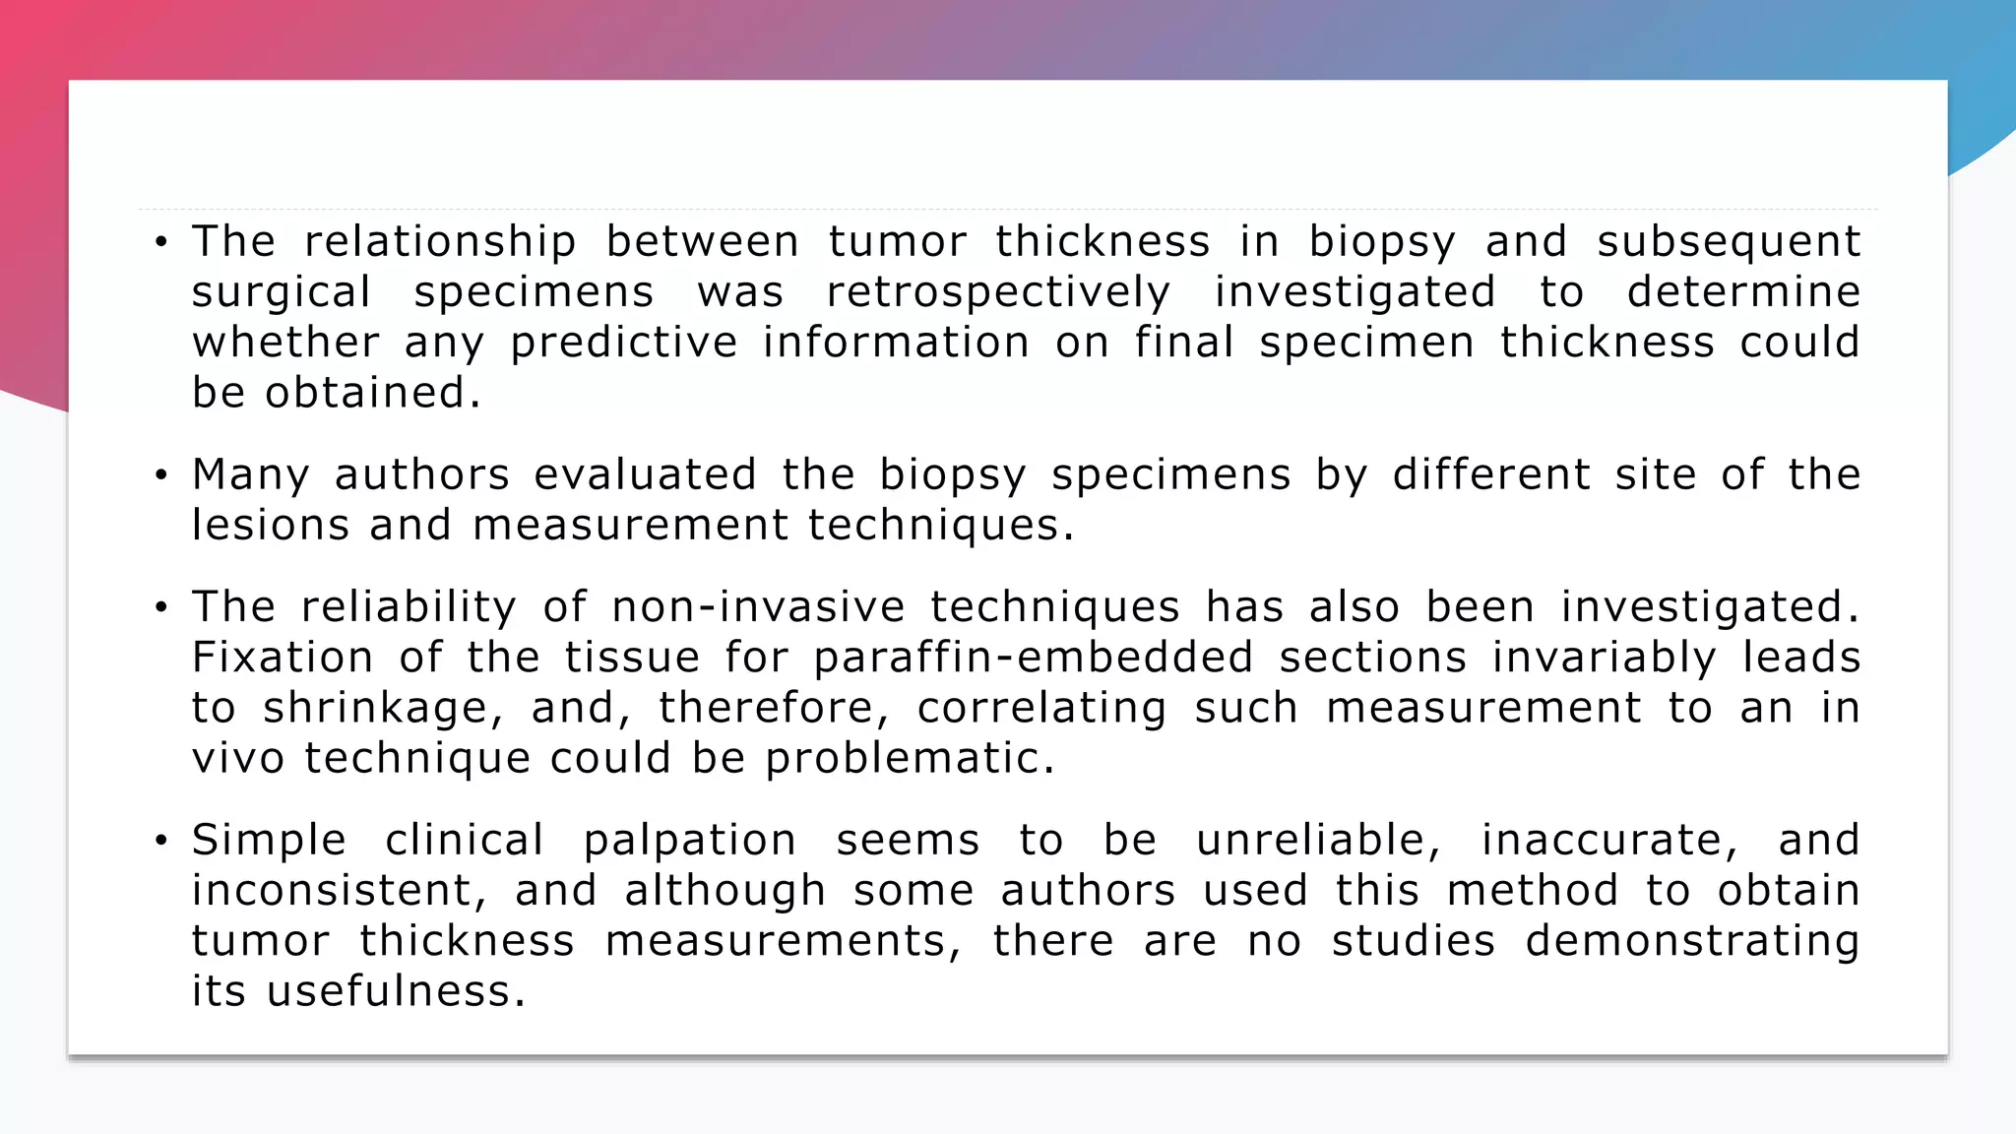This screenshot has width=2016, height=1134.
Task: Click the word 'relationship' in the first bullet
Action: [440, 242]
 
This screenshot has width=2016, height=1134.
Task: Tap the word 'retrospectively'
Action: [998, 293]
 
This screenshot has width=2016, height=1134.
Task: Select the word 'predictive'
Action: [623, 344]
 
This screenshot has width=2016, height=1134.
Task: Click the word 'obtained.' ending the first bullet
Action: [373, 393]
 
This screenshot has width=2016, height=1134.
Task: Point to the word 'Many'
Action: [250, 475]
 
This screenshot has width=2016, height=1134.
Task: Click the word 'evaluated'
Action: [645, 475]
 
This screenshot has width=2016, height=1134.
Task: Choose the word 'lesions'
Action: [270, 525]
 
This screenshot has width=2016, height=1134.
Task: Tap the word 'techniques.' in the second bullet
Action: [941, 526]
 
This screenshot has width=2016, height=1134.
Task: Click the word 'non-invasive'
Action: [757, 607]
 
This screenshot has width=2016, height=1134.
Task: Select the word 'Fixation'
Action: [282, 658]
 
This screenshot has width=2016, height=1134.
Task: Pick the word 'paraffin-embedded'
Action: [1034, 659]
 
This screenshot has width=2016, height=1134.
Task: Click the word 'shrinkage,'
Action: [383, 709]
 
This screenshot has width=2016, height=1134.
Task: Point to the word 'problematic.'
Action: [910, 759]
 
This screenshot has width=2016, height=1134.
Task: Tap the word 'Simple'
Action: [269, 841]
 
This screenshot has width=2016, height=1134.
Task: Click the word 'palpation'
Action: [689, 841]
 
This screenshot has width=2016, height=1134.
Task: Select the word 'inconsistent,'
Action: [339, 891]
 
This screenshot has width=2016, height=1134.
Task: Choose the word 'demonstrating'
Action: [1692, 941]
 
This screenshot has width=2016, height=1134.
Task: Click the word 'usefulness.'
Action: [396, 991]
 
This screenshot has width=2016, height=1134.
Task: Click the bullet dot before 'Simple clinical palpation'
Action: [161, 841]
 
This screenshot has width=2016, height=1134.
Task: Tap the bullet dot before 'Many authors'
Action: [161, 476]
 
